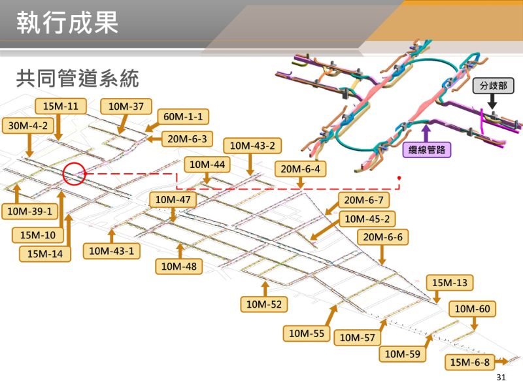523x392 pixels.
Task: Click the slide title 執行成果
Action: pos(67,24)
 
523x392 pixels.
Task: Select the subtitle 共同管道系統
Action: pos(78,80)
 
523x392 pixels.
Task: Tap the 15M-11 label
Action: pos(60,106)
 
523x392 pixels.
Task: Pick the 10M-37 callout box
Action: pos(126,106)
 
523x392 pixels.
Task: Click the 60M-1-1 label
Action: pos(183,117)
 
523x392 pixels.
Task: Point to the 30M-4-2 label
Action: pos(29,125)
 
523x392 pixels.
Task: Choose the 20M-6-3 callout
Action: pos(186,139)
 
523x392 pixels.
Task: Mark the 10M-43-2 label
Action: pos(252,146)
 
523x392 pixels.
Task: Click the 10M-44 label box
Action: pos(207,165)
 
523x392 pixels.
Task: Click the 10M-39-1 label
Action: pos(30,211)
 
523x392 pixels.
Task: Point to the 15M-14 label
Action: pos(45,253)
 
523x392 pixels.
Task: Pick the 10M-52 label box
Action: pos(265,304)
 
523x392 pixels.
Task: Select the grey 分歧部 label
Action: pos(493,86)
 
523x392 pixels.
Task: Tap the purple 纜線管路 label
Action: pos(426,150)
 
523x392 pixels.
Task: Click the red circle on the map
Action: pos(75,174)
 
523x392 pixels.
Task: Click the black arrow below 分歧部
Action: pos(494,103)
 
